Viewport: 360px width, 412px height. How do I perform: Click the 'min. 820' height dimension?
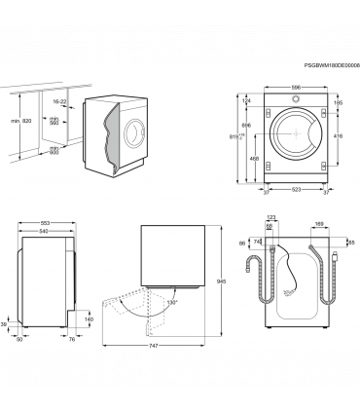[15, 120]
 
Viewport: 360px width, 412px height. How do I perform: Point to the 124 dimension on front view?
[247, 101]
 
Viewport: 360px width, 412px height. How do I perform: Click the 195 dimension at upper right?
[339, 101]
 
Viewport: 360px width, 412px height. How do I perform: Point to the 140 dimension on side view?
[89, 319]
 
